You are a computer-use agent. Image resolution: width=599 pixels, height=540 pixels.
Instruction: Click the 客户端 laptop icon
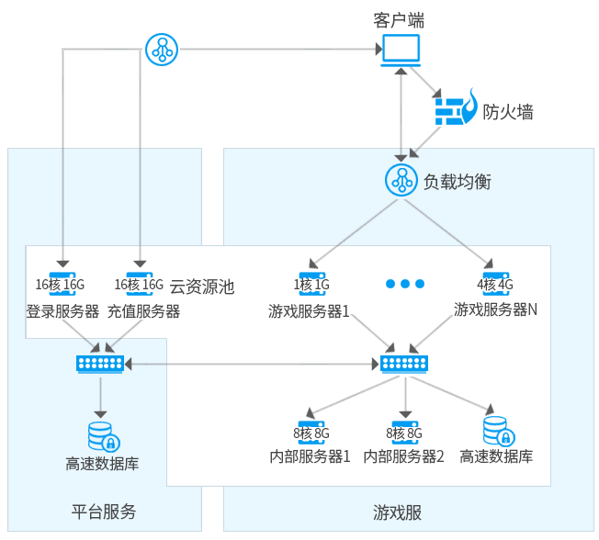coord(401,51)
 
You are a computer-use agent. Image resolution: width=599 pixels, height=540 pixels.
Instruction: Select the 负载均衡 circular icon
coord(401,181)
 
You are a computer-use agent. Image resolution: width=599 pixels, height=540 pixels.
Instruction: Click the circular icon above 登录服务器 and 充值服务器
coord(163,49)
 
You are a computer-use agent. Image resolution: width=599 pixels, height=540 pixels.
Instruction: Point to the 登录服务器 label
coord(62,310)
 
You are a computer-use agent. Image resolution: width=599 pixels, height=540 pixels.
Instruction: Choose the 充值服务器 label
coord(143,310)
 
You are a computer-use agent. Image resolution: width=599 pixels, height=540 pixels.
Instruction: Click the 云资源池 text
coord(202,287)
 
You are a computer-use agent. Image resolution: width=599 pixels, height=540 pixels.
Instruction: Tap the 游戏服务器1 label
coord(310,310)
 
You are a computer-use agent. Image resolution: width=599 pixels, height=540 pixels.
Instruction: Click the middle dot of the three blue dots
coord(405,284)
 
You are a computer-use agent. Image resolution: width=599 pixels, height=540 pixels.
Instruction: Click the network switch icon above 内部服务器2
coord(405,365)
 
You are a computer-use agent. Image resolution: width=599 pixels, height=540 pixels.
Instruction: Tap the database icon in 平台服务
coord(101,434)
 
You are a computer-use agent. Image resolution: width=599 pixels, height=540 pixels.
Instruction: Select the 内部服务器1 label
coord(310,456)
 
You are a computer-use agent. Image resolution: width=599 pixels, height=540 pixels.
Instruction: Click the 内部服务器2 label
coord(404,456)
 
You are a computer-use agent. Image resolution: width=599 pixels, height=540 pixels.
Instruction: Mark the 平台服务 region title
coord(104,512)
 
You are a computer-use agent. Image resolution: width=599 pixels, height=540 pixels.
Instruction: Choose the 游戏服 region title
coord(398,512)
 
